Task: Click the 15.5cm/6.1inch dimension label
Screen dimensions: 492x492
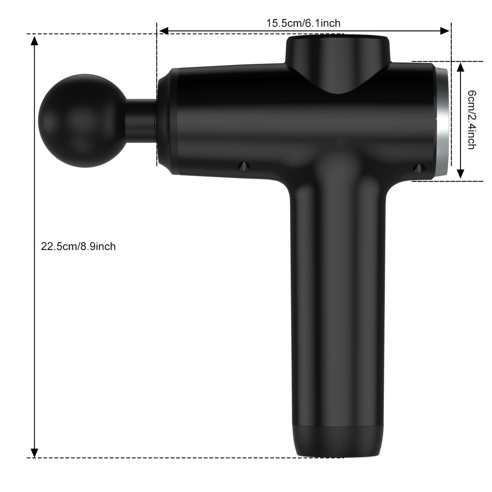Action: pyautogui.click(x=303, y=23)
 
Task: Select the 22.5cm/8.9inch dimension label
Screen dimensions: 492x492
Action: pyautogui.click(x=78, y=246)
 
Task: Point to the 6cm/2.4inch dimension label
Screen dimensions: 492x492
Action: pyautogui.click(x=471, y=120)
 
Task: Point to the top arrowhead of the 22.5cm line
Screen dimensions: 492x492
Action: pyautogui.click(x=34, y=41)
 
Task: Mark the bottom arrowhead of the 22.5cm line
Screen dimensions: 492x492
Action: pyautogui.click(x=34, y=453)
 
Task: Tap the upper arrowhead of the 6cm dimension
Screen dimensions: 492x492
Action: pyautogui.click(x=460, y=67)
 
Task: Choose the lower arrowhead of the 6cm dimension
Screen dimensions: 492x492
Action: pyautogui.click(x=460, y=174)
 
